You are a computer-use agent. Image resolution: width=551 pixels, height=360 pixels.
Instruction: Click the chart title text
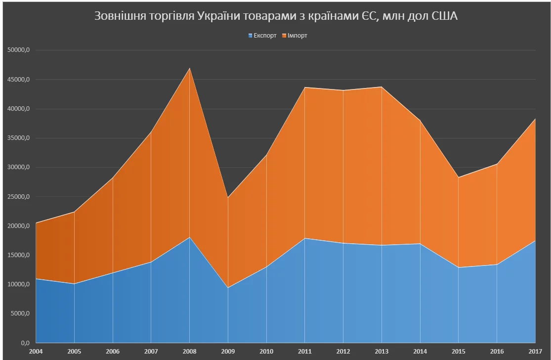[276, 17]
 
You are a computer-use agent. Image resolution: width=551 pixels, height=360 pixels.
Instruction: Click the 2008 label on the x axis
[190, 351]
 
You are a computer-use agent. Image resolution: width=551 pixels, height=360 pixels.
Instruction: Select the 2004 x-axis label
[36, 351]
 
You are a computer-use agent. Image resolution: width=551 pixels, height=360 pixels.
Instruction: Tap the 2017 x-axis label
[536, 351]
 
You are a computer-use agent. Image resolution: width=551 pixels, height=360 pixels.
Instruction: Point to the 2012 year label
[343, 351]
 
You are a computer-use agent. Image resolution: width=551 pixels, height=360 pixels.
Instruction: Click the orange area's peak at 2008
[190, 68]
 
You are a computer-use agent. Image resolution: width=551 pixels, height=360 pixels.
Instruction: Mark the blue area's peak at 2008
[190, 237]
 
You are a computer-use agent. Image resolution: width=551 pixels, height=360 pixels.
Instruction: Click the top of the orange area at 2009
[228, 198]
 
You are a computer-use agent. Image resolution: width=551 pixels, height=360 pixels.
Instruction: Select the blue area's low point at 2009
[228, 288]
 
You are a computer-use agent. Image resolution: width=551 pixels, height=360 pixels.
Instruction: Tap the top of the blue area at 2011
[305, 238]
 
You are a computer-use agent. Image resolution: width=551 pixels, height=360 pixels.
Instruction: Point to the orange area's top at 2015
[459, 178]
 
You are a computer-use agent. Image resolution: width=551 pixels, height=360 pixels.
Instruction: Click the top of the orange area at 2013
[382, 87]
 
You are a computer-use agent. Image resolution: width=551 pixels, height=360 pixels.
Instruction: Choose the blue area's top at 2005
[75, 284]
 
